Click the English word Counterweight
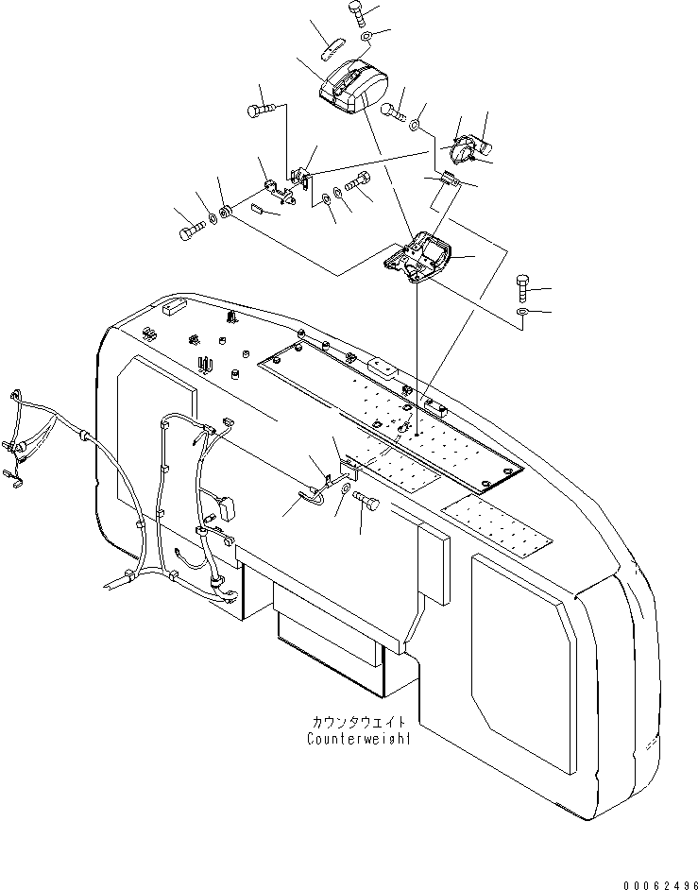pyautogui.click(x=359, y=739)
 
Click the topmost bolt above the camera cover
pyautogui.click(x=357, y=11)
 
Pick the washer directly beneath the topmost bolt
pyautogui.click(x=365, y=36)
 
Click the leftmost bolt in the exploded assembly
pyautogui.click(x=189, y=230)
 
